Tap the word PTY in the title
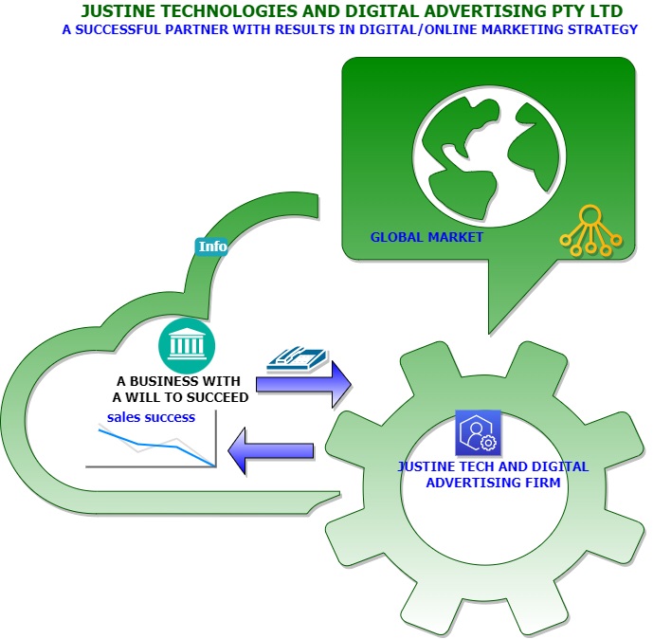pyautogui.click(x=563, y=11)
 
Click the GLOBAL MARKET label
pyautogui.click(x=426, y=237)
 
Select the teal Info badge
pyautogui.click(x=212, y=246)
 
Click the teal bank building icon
pyautogui.click(x=187, y=346)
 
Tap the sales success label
pyautogui.click(x=151, y=417)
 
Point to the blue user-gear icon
pyautogui.click(x=478, y=432)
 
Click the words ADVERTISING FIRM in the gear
pyautogui.click(x=493, y=483)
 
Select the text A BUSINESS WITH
pyautogui.click(x=179, y=381)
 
